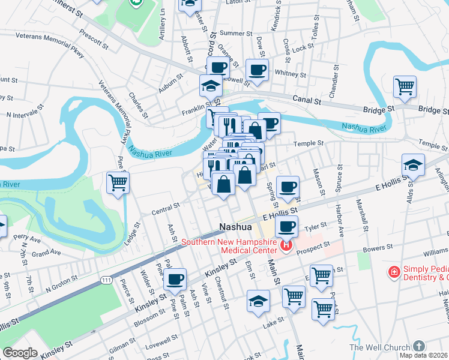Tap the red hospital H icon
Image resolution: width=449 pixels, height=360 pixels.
(x=286, y=245)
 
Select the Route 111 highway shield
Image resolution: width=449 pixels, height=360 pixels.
(x=106, y=280)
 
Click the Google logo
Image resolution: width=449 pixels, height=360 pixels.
(x=20, y=353)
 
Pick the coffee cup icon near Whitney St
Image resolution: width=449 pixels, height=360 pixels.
(x=257, y=70)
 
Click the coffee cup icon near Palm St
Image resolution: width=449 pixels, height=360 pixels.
(x=175, y=279)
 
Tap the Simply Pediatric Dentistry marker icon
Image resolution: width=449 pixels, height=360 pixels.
(x=394, y=272)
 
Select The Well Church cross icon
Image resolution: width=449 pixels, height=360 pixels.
(x=419, y=346)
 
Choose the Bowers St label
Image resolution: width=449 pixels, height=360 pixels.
(x=376, y=247)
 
